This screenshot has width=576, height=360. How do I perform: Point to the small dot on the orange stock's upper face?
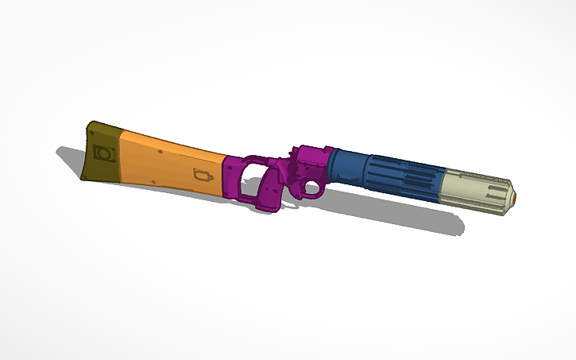click(x=161, y=149)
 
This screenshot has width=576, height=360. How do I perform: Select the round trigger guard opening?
click(x=311, y=189)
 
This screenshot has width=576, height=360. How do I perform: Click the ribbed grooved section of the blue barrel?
click(x=409, y=179)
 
